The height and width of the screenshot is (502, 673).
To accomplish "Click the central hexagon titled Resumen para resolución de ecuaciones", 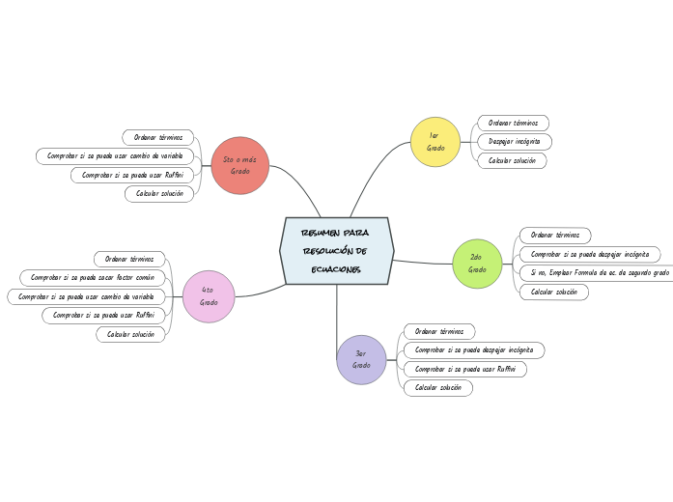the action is click(x=337, y=251).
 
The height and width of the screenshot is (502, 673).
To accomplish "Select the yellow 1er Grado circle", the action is click(x=435, y=142).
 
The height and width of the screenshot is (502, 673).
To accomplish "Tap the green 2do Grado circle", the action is click(x=477, y=264).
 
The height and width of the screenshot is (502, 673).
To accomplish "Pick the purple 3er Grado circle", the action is click(x=361, y=359).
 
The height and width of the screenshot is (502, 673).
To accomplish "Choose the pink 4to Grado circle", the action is click(x=209, y=296).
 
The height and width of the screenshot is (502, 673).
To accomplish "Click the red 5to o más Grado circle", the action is click(x=240, y=166).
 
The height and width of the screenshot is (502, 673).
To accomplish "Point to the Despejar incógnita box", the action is click(x=515, y=142).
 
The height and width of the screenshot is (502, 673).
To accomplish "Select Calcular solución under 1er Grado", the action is click(x=512, y=161).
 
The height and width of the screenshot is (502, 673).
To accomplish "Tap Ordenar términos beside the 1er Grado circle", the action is click(x=513, y=124).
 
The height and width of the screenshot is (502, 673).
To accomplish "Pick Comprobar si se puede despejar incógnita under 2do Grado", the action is click(x=590, y=255).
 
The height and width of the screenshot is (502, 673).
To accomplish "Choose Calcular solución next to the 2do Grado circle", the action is click(x=553, y=293).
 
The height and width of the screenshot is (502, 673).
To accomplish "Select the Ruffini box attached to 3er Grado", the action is click(x=464, y=369).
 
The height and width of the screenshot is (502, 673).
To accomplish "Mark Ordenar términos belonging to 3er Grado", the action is click(x=439, y=332).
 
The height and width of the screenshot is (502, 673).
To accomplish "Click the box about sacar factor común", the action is click(x=93, y=278).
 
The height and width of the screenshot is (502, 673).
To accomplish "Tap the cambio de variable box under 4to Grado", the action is click(x=86, y=297).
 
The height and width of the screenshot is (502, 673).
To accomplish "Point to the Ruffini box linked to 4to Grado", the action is click(x=103, y=316).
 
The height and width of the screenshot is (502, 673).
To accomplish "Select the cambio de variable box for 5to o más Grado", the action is click(x=115, y=156).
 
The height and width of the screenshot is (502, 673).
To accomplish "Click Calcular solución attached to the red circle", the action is click(x=159, y=194).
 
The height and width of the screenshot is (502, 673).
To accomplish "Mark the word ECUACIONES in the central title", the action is click(x=336, y=270).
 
